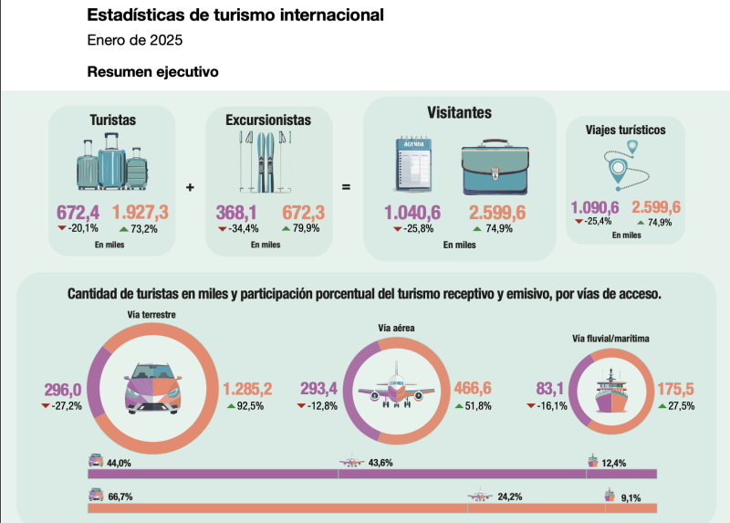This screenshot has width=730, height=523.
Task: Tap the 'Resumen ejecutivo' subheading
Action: coord(153,71)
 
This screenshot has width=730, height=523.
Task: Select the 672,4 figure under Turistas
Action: coord(78,213)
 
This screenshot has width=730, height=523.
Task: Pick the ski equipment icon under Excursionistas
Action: coord(263,162)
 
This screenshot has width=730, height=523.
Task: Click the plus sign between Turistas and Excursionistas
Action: coord(190,187)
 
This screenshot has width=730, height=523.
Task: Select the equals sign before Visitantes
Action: coord(347,187)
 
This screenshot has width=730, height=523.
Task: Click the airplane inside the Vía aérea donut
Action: coord(396,391)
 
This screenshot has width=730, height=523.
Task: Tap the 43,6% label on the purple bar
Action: coord(379,463)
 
